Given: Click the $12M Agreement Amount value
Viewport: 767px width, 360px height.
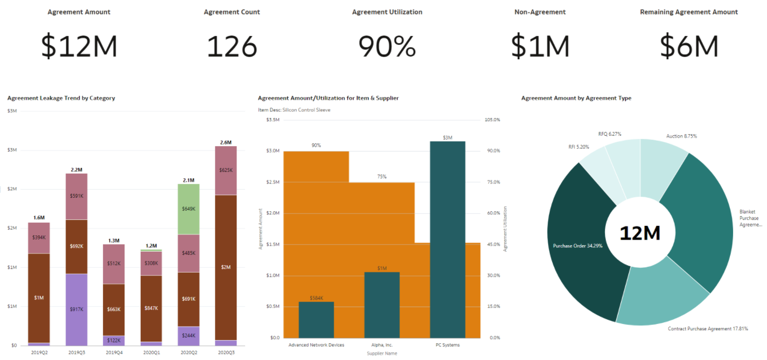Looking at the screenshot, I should (x=79, y=46).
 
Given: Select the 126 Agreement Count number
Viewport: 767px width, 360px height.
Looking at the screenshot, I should (x=232, y=46).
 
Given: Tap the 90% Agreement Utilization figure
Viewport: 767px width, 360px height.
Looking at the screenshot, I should (x=387, y=46).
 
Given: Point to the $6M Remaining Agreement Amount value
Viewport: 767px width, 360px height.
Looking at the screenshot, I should (x=689, y=46).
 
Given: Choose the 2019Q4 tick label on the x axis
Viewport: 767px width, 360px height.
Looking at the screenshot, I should (x=114, y=352).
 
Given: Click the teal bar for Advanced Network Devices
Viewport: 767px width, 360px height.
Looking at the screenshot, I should (x=316, y=320).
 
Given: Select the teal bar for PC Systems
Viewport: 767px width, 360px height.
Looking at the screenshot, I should (x=448, y=240).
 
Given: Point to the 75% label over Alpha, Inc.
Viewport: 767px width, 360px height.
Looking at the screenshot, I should (x=382, y=177).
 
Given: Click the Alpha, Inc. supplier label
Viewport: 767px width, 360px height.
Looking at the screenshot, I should (x=382, y=345).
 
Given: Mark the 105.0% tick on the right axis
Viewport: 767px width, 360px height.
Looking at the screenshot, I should (x=493, y=120).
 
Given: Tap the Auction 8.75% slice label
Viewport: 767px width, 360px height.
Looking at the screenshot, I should (x=681, y=136).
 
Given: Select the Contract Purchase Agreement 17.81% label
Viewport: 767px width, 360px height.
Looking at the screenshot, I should (x=707, y=328).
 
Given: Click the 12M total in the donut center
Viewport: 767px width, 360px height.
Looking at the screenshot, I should (x=640, y=233).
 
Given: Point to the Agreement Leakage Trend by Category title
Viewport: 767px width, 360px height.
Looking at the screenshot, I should (x=61, y=98).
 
